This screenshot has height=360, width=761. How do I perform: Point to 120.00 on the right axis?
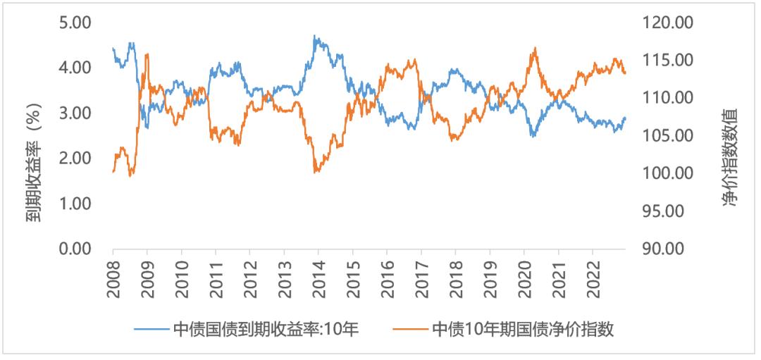pyautogui.click(x=666, y=23)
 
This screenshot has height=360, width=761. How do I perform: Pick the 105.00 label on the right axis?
pyautogui.click(x=666, y=136)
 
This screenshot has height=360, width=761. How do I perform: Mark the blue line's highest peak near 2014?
pyautogui.click(x=314, y=36)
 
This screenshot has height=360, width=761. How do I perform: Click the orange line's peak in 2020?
pyautogui.click(x=536, y=48)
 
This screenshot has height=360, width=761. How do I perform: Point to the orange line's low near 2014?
pyautogui.click(x=314, y=171)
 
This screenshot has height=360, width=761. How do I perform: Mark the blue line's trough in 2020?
pyautogui.click(x=533, y=135)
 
